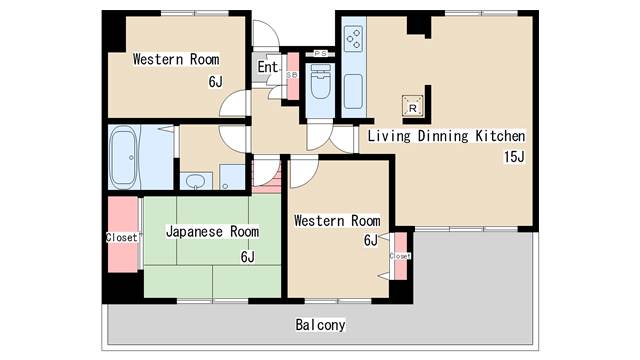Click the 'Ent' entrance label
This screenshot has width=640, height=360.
pyautogui.click(x=267, y=67)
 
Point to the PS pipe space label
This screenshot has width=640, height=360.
pyautogui.click(x=321, y=53)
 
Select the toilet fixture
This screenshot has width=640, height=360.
pyautogui.click(x=321, y=83)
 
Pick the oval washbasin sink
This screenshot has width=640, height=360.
pyautogui.click(x=195, y=181)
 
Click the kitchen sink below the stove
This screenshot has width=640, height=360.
pyautogui.click(x=354, y=90)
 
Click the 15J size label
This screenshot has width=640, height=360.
pyautogui.click(x=514, y=156)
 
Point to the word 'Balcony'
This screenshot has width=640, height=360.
pyautogui.click(x=320, y=325)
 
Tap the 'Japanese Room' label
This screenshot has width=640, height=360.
pyautogui.click(x=212, y=231)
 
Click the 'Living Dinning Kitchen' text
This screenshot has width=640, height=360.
pyautogui.click(x=446, y=135)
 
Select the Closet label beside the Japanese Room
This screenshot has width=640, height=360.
pyautogui.click(x=121, y=237)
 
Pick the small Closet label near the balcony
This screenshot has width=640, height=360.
pyautogui.click(x=400, y=256)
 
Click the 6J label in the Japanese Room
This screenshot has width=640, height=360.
pyautogui.click(x=247, y=257)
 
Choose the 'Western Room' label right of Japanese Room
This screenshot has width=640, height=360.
pyautogui.click(x=337, y=220)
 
